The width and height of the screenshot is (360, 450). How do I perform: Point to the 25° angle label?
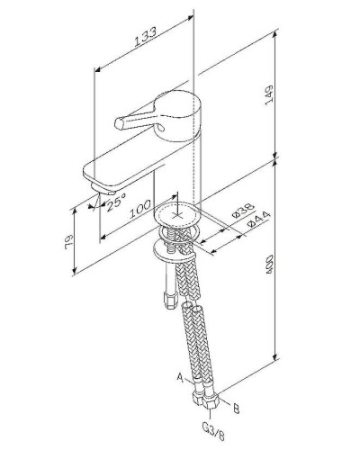[113, 203]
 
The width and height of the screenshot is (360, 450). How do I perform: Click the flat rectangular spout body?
[117, 166]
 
